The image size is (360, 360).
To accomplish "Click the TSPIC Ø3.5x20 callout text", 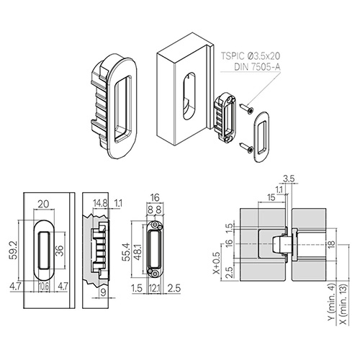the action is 251,56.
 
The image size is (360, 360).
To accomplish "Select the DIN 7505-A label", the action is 257,67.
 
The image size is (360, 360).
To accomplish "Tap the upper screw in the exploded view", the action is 246,107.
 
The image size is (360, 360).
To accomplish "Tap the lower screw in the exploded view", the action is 246,147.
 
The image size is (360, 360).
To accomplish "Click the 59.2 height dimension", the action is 14,251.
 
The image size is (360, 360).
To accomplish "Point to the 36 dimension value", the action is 60,251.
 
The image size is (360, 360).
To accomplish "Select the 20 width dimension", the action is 43,204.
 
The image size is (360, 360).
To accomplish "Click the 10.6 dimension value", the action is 43,287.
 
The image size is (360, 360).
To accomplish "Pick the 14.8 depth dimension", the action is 100,204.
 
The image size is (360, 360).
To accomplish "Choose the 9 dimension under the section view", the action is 104,292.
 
